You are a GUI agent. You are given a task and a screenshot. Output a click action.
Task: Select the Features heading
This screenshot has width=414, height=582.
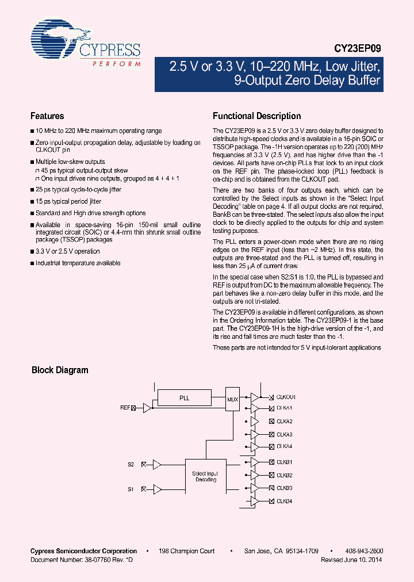47,116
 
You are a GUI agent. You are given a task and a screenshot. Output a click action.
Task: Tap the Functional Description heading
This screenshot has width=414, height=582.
256,116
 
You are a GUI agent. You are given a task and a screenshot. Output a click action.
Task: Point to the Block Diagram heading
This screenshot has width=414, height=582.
60,370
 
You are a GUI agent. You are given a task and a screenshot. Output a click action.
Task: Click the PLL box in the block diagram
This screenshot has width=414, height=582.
184,397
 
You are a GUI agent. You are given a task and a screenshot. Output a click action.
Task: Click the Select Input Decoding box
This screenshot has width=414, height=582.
205,476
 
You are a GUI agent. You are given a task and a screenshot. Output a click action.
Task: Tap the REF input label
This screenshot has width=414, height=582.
125,408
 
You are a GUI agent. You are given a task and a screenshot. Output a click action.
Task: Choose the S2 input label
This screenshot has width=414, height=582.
131,464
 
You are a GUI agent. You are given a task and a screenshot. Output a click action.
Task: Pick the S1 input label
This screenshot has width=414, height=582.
131,489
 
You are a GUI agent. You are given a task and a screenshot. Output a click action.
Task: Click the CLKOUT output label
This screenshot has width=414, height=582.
286,397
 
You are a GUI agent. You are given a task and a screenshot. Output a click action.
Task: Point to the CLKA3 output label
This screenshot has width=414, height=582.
284,435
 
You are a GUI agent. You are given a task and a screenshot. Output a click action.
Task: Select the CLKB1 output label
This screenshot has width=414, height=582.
284,462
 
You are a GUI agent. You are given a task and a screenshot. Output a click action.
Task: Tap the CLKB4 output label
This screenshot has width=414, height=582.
284,501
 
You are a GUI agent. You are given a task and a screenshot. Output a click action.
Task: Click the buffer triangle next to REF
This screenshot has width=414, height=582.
147,408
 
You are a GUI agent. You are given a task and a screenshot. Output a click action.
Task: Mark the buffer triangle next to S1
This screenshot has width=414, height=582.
157,489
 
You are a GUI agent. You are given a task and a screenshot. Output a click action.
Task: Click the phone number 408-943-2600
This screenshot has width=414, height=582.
366,551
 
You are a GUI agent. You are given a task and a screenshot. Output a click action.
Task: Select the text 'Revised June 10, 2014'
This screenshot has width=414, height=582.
351,560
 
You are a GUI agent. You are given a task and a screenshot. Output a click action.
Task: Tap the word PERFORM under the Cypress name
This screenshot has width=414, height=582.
117,64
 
